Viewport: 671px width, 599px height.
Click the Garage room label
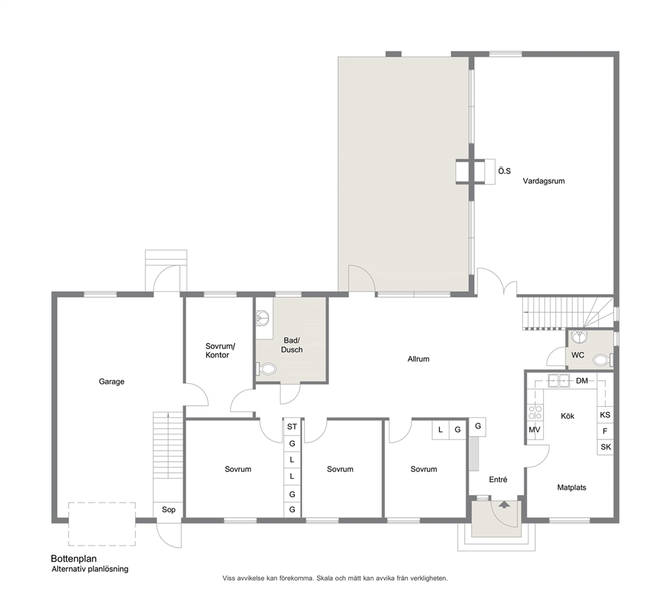coord(111,381)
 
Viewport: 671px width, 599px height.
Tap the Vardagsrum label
coord(543,181)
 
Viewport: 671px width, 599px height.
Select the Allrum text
coord(418,359)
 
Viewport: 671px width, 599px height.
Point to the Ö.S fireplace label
coord(504,171)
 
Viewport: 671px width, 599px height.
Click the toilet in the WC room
coord(603,360)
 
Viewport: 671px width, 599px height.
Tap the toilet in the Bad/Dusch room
coord(266,368)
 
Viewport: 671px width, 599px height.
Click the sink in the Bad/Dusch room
coord(262,318)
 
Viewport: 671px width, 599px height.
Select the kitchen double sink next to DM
coord(559,381)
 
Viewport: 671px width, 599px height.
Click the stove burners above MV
coord(535,413)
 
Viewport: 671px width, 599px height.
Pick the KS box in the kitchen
coord(605,414)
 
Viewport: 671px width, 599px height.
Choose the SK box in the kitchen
coord(605,447)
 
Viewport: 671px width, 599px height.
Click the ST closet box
coord(292,427)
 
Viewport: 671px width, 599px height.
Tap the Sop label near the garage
coord(168,510)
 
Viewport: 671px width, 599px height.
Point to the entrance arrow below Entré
coord(505,504)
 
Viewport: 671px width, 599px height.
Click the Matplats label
coord(572,487)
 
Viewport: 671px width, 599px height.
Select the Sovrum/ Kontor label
coord(220,350)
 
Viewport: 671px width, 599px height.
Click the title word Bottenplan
coord(74,558)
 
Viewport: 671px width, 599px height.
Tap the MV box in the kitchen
coord(534,429)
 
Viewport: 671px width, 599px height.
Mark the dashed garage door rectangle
coord(102,524)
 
